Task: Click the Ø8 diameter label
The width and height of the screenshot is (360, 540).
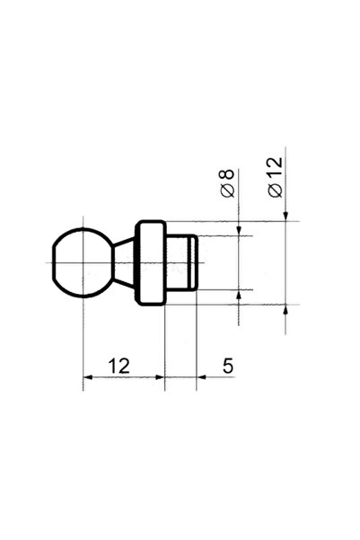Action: (227, 183)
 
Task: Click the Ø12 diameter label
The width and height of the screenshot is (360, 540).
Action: (276, 177)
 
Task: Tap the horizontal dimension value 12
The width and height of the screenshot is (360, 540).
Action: (119, 366)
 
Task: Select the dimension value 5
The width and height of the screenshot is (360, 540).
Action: (228, 366)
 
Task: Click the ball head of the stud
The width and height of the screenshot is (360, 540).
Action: (83, 262)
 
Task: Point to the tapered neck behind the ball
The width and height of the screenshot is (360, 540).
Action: (124, 262)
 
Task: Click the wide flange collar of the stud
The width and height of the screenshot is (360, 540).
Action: (151, 262)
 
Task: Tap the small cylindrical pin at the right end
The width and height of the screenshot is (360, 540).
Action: (181, 262)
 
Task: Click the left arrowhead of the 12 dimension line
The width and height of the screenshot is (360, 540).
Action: (88, 377)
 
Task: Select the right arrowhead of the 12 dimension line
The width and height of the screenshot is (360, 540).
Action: (160, 377)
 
